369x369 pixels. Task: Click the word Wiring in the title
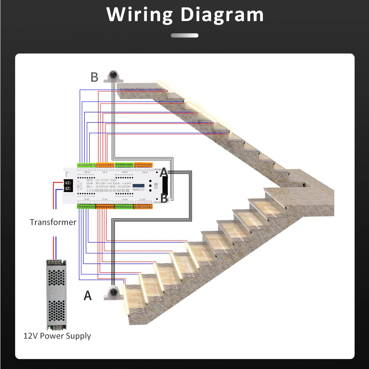139,15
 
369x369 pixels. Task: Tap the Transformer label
53,222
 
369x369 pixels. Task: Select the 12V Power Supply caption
57,336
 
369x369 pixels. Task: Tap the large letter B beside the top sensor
94,77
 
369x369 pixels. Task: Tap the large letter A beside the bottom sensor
87,295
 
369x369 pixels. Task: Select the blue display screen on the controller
139,186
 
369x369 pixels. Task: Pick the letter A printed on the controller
163,172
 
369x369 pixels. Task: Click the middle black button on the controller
151,186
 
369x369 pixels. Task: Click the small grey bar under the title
184,35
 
